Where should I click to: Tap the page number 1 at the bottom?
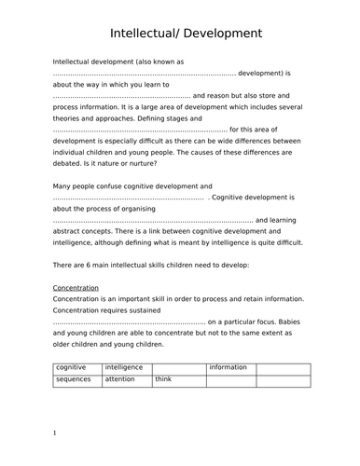(x=55, y=432)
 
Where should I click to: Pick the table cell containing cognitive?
(x=76, y=367)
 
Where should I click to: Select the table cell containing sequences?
(x=76, y=380)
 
